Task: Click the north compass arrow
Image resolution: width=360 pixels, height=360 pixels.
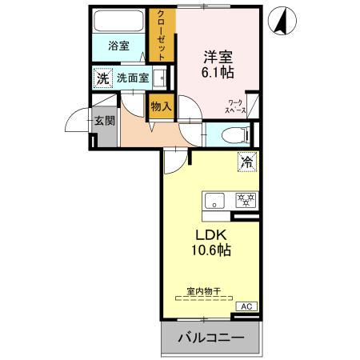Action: [282, 22]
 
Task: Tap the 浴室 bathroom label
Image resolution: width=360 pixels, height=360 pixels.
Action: [118, 46]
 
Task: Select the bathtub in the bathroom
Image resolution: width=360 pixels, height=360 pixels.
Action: [118, 22]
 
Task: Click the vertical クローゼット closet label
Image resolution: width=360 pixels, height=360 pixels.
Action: [162, 34]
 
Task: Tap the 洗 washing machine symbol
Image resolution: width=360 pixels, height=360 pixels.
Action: [102, 78]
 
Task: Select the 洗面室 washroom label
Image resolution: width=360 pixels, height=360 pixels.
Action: [132, 78]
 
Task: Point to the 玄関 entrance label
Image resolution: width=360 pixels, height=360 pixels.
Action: [105, 121]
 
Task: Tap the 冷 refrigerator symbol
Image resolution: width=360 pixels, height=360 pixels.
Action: [246, 162]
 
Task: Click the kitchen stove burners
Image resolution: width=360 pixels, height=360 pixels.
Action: [243, 200]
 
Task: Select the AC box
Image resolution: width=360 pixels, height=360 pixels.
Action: [246, 306]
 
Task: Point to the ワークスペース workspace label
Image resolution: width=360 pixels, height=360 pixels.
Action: [237, 107]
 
